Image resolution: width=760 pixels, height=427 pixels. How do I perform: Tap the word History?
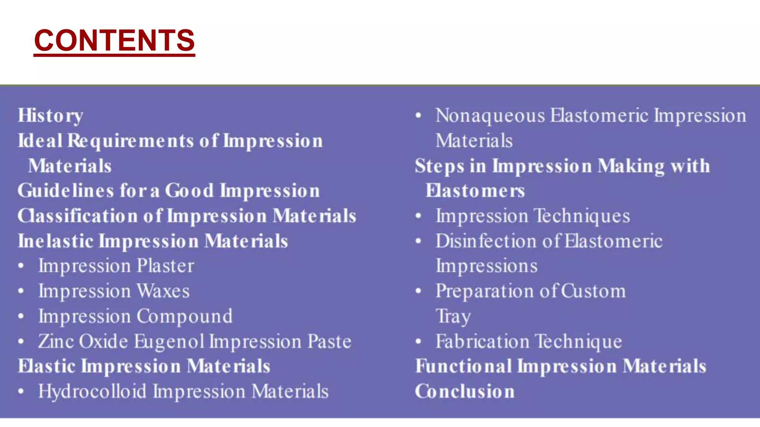tap(50, 116)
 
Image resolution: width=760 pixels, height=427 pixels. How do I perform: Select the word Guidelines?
tap(66, 191)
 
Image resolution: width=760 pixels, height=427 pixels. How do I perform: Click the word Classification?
tap(78, 216)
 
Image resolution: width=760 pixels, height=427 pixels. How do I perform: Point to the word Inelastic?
tap(55, 241)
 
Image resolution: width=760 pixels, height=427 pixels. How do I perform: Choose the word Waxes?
tap(163, 291)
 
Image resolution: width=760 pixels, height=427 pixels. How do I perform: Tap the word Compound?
tap(184, 316)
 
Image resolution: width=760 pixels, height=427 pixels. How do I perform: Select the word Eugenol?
tap(169, 341)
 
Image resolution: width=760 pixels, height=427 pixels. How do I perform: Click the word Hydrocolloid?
tap(92, 391)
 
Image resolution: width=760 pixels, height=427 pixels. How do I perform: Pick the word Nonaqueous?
tap(490, 116)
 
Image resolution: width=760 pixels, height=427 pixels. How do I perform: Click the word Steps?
tap(439, 166)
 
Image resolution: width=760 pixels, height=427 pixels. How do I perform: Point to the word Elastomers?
tap(475, 191)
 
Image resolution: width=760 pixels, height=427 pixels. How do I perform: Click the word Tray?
tap(453, 317)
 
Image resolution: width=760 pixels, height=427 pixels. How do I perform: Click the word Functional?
tap(463, 366)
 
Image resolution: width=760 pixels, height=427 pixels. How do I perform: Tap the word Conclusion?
tap(465, 391)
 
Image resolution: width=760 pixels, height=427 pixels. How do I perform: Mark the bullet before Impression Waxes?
tap(21, 291)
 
